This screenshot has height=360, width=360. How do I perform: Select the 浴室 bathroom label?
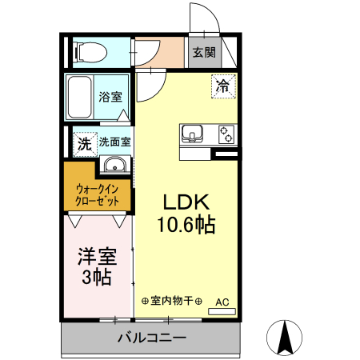tap(110, 98)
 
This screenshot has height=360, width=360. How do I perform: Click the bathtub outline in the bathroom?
tap(79, 98)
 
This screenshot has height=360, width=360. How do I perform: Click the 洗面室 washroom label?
tap(115, 143)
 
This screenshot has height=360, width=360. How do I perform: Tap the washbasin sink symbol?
tap(115, 166)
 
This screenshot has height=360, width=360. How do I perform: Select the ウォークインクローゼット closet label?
tap(97, 194)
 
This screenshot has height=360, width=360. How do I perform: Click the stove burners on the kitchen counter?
tap(226, 133)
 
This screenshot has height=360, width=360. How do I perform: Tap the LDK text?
tap(185, 202)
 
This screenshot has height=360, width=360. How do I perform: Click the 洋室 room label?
tap(96, 258)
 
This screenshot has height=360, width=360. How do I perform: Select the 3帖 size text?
tap(96, 278)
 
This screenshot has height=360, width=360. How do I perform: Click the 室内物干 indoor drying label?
tap(171, 302)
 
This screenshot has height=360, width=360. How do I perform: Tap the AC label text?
tap(222, 301)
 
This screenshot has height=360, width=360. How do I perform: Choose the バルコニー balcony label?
tap(151, 337)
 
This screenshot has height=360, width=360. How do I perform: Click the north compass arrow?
tap(283, 337)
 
